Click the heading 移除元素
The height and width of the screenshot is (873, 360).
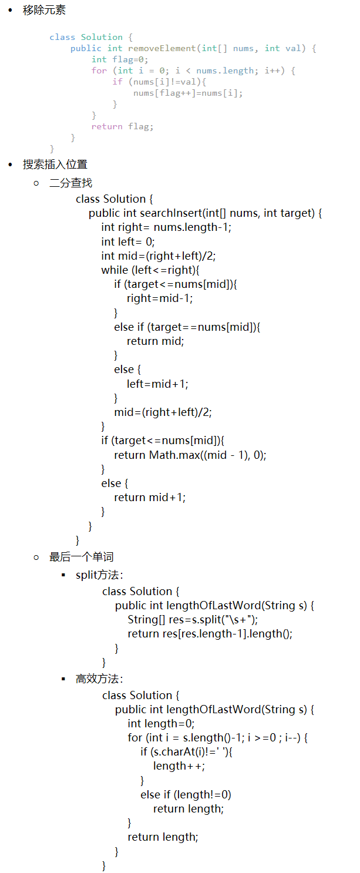[44, 10]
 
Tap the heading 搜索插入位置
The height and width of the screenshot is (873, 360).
[55, 164]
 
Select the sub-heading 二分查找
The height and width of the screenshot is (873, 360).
[70, 183]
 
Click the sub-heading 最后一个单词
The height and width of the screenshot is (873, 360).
[81, 556]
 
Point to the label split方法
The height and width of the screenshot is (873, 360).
[99, 575]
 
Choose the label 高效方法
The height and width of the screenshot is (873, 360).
[99, 679]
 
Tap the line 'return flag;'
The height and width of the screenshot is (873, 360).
[122, 126]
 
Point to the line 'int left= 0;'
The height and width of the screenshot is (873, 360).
[128, 241]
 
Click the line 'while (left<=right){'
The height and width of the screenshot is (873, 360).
[150, 270]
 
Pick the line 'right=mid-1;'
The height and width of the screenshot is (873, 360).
[160, 298]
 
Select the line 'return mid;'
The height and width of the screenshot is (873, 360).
[155, 341]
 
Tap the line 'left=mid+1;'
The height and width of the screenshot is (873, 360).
[157, 384]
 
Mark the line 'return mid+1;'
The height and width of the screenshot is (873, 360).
[150, 497]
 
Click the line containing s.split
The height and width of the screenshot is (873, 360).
[193, 619]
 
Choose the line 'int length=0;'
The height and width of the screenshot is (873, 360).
[161, 723]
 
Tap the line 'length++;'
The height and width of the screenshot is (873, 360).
[179, 765]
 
